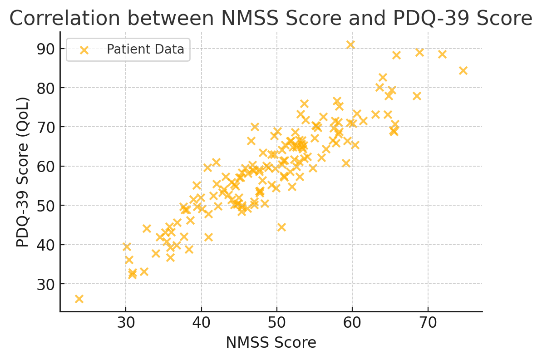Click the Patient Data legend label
tap(145, 49)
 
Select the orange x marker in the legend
tap(84, 49)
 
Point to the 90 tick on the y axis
tap(46, 49)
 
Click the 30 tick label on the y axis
tap(46, 284)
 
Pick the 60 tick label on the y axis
tap(46, 167)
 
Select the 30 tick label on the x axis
tap(126, 324)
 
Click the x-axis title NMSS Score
tap(271, 343)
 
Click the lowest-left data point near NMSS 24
tap(79, 299)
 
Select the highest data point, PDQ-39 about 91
tap(350, 44)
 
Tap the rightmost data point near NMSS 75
tap(463, 70)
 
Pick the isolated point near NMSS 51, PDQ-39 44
tap(281, 227)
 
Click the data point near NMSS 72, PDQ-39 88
tap(442, 54)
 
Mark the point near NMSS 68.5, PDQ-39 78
tap(417, 96)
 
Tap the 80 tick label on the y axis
tap(46, 88)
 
